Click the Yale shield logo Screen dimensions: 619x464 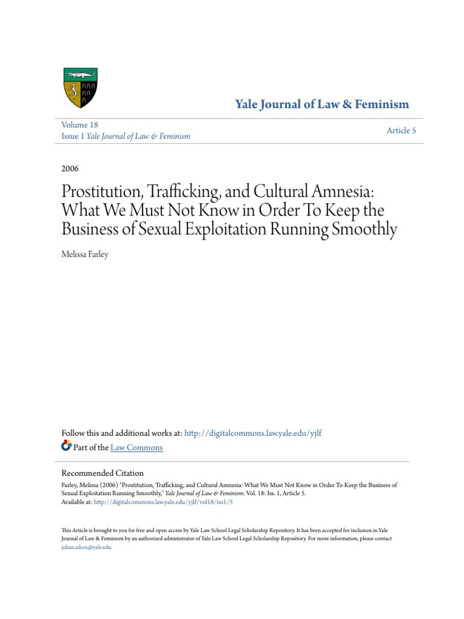point(80,88)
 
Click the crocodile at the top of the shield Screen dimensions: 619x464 point(80,75)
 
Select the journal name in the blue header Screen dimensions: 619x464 point(321,104)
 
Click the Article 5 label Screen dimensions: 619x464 point(401,131)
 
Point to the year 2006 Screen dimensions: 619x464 point(70,169)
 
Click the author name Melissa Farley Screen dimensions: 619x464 point(85,254)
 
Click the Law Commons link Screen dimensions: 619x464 point(137,447)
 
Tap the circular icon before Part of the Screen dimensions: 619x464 point(66,447)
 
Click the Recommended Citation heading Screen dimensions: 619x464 point(103,473)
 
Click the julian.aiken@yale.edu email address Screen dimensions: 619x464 point(86,547)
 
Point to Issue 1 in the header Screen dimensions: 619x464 point(73,136)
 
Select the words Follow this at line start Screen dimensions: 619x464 point(82,433)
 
